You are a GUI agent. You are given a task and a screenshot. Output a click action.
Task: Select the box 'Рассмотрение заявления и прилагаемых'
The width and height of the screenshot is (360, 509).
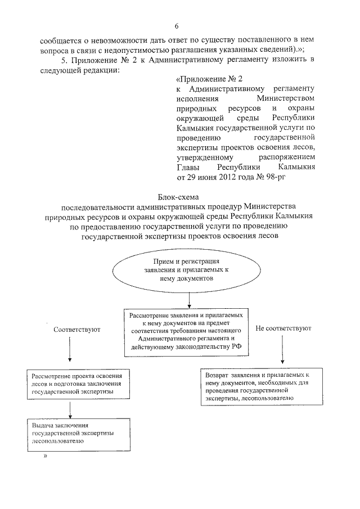185,332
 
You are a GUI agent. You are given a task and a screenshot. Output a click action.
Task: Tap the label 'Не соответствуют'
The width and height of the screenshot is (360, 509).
284,328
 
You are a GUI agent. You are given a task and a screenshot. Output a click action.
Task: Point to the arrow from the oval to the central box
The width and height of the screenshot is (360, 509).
190,299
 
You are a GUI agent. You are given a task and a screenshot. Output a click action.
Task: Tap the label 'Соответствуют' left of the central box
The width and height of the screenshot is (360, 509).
77,329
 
